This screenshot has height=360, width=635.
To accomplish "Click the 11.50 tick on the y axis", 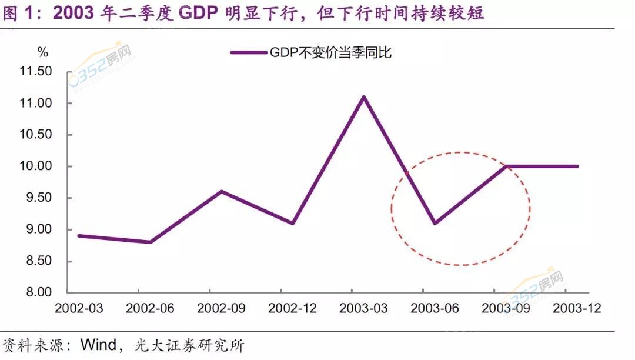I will coord(36,72).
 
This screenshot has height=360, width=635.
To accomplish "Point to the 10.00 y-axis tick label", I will coord(36,166).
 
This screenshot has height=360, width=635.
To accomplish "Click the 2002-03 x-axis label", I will coord(78,309).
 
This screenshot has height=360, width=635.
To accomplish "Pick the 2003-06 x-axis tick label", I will coord(435,309).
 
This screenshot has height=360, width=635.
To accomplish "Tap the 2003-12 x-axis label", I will coord(577,309).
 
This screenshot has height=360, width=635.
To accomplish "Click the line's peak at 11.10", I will coord(364,96).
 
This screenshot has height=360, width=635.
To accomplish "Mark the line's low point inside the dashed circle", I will coord(435,223).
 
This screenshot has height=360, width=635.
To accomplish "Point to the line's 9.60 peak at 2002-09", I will coord(221,191).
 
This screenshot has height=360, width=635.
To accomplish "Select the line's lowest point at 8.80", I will coord(151,242).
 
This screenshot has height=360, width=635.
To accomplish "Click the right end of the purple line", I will coord(578,166).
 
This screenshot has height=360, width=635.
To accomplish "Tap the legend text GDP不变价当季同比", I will coord(331,53).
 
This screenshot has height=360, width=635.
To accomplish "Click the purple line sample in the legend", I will coord(249,53).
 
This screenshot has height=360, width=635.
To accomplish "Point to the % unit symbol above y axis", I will coord(43,53).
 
